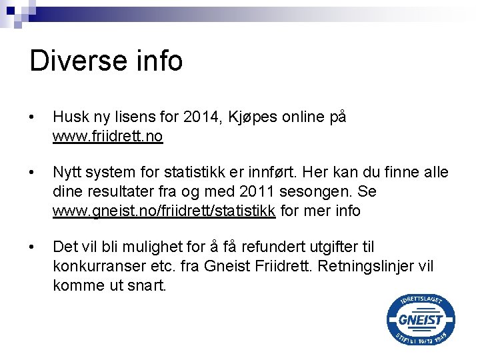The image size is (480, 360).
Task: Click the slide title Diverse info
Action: coord(106,61)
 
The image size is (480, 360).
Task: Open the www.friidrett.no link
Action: coord(108,137)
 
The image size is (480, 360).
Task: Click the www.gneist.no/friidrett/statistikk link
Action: coord(164,212)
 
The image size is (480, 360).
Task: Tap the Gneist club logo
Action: coord(421,320)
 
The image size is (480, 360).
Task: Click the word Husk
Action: coord(71,117)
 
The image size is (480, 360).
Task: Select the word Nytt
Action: coord(69,173)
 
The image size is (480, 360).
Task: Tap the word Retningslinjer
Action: coord(356,267)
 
